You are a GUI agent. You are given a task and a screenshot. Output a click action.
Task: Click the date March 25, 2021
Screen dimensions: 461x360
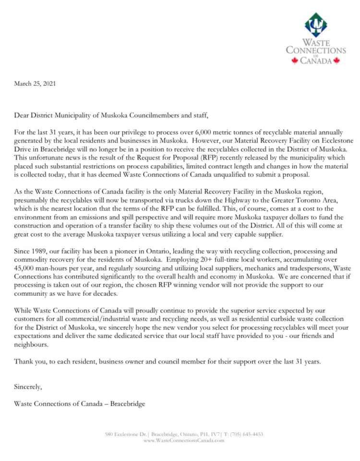35,84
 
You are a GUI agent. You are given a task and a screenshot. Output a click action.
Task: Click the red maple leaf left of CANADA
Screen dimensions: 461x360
295,61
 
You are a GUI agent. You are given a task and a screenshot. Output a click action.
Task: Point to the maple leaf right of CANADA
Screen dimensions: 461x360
336,61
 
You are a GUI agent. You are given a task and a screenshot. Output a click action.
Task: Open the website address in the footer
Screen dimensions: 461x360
184,440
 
